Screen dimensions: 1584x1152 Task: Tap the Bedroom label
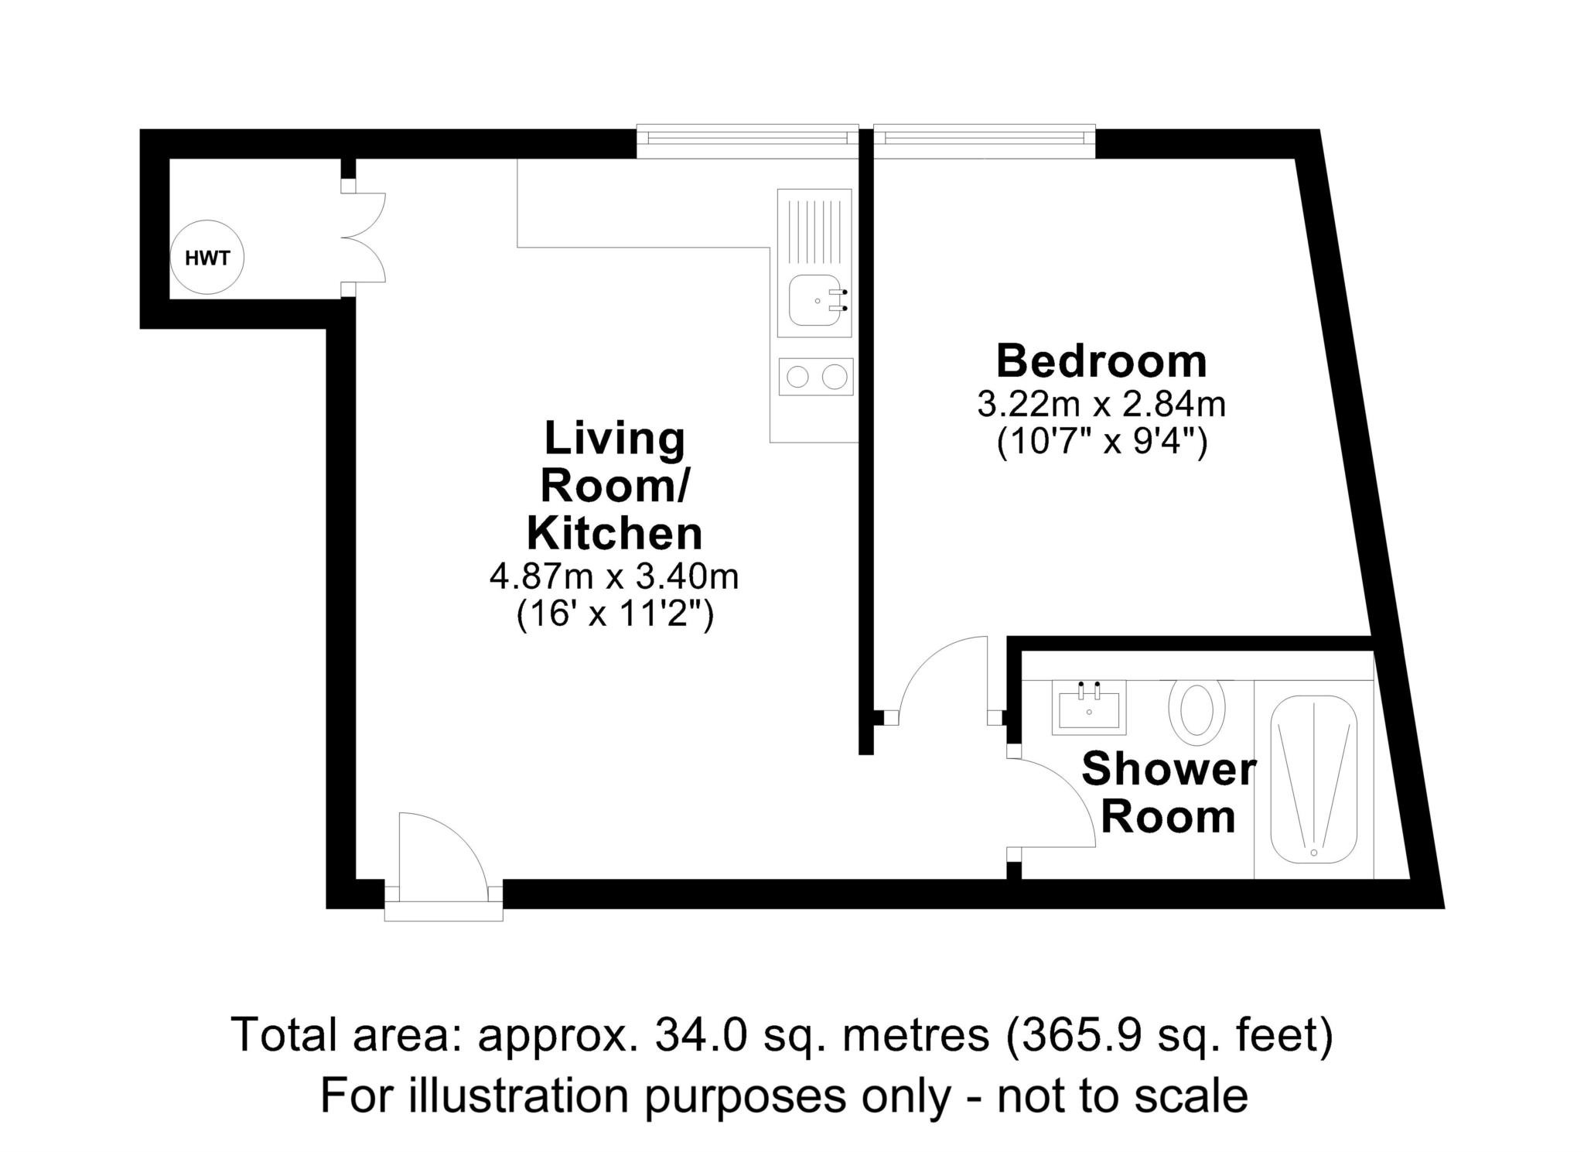(x=1101, y=361)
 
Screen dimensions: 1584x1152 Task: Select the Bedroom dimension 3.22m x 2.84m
(x=1101, y=404)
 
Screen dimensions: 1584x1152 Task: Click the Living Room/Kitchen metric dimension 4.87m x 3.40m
(x=614, y=576)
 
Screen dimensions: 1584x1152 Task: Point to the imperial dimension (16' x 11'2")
(x=614, y=617)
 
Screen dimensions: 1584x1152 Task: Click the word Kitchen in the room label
(x=614, y=534)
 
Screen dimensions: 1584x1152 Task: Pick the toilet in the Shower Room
(x=1197, y=707)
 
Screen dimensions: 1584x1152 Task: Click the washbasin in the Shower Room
(x=1089, y=707)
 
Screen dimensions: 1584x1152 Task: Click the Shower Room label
(x=1169, y=794)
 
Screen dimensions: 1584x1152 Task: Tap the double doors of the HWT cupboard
(x=370, y=238)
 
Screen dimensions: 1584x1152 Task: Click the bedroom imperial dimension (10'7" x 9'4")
(x=1101, y=443)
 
